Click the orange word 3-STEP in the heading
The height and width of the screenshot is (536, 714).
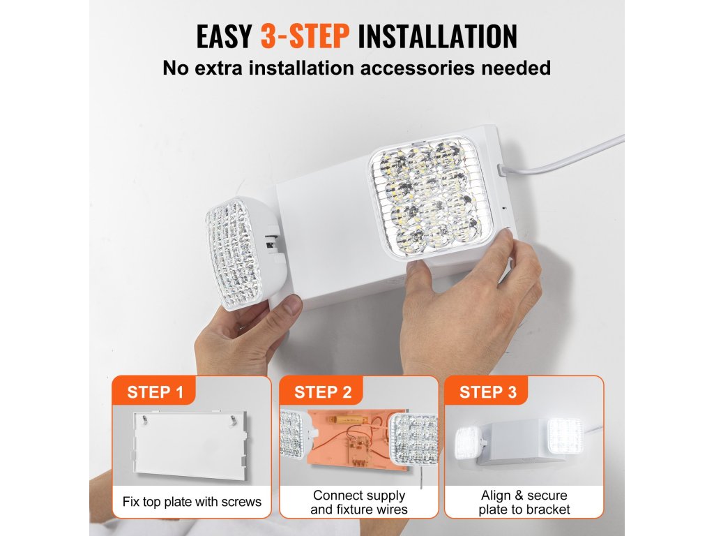[305, 36]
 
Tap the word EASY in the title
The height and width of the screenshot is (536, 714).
[224, 36]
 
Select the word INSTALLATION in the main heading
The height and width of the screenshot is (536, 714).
[438, 36]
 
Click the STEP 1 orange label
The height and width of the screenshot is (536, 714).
[155, 392]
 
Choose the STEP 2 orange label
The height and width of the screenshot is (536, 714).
[323, 392]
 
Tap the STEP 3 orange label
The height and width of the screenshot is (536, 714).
[488, 392]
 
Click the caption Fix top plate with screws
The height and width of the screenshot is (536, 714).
[192, 502]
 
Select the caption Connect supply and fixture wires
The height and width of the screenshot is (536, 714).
[359, 502]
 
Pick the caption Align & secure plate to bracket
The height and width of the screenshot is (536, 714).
[524, 502]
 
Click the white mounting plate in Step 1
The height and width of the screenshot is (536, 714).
[190, 445]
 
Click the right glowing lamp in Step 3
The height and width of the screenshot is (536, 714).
[565, 436]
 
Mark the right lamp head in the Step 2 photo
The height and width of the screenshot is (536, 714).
[413, 438]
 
